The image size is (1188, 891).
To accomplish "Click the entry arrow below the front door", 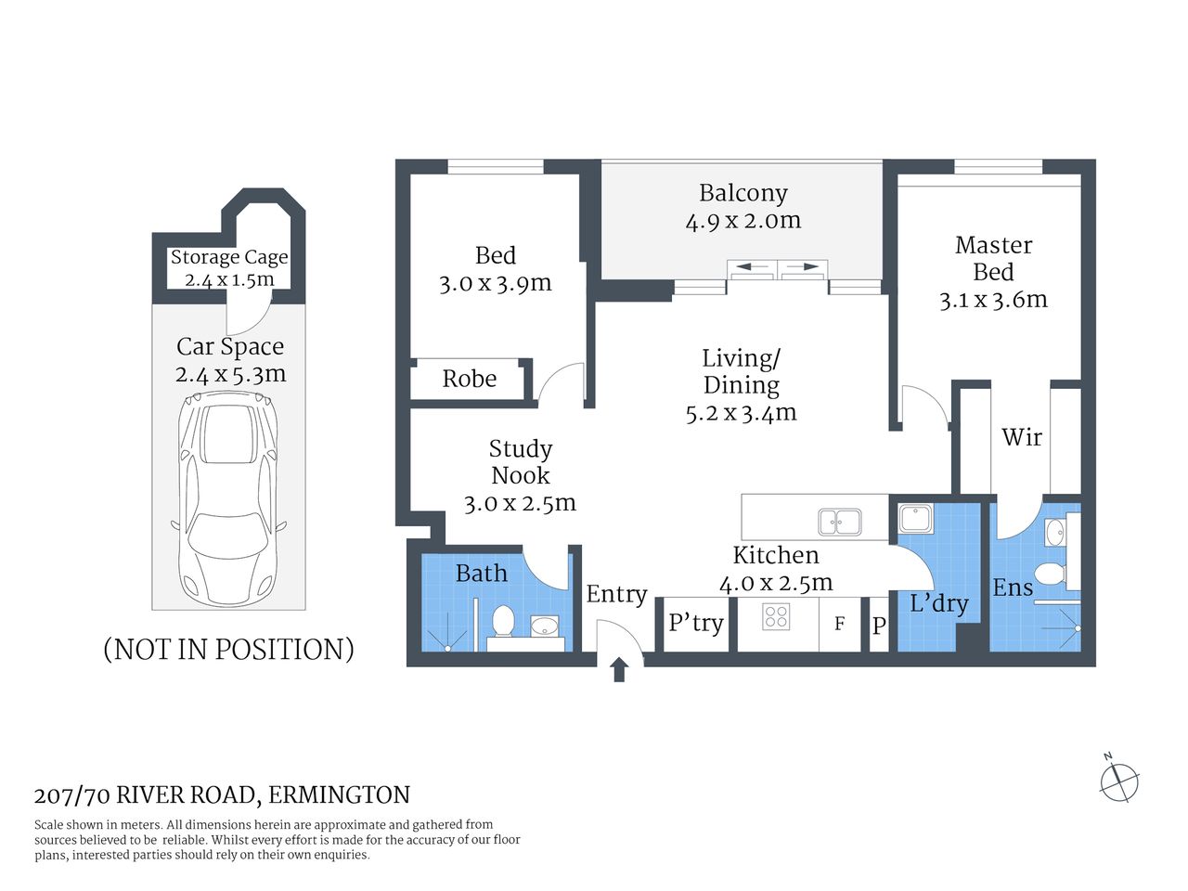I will click(619, 669).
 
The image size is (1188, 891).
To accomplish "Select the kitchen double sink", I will click(839, 523).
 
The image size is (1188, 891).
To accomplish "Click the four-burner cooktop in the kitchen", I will click(776, 616).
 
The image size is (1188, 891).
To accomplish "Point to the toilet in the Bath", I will click(503, 621).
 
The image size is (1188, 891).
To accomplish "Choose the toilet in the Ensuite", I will click(1049, 574).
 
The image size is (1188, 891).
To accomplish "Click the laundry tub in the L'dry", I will click(915, 518).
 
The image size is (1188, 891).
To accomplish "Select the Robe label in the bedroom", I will click(469, 379).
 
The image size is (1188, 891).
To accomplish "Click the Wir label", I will click(1022, 437).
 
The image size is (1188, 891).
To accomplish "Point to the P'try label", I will click(695, 623).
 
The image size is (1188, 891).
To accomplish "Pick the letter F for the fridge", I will click(839, 624).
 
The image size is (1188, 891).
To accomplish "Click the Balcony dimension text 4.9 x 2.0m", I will click(742, 221).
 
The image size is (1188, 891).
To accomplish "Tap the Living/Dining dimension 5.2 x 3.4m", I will click(741, 413).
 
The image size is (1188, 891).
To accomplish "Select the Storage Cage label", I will click(229, 257).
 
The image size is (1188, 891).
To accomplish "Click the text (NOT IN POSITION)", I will click(228, 649).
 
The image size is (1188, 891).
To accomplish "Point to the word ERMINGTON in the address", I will click(340, 795).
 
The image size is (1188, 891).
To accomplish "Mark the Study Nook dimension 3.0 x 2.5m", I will click(520, 503).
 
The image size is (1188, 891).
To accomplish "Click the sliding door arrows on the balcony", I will click(777, 268).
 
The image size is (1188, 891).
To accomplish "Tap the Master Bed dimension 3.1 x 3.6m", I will click(993, 300).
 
